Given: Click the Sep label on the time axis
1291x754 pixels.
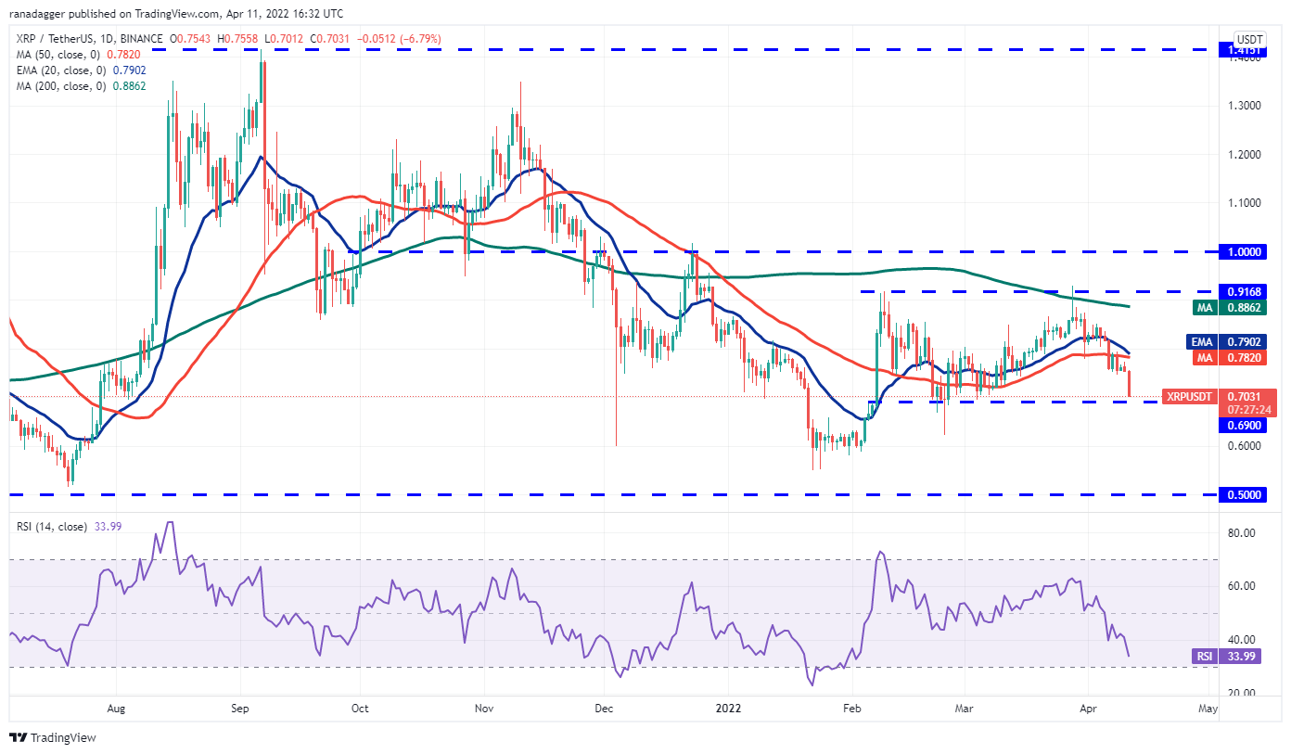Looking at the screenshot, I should point(240,709).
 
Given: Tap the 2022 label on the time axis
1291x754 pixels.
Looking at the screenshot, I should point(727,709).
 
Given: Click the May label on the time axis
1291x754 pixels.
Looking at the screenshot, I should point(1208,709).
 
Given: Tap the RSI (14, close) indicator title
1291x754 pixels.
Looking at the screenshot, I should point(50,527).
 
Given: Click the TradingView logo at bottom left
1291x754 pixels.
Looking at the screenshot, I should point(53,738).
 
